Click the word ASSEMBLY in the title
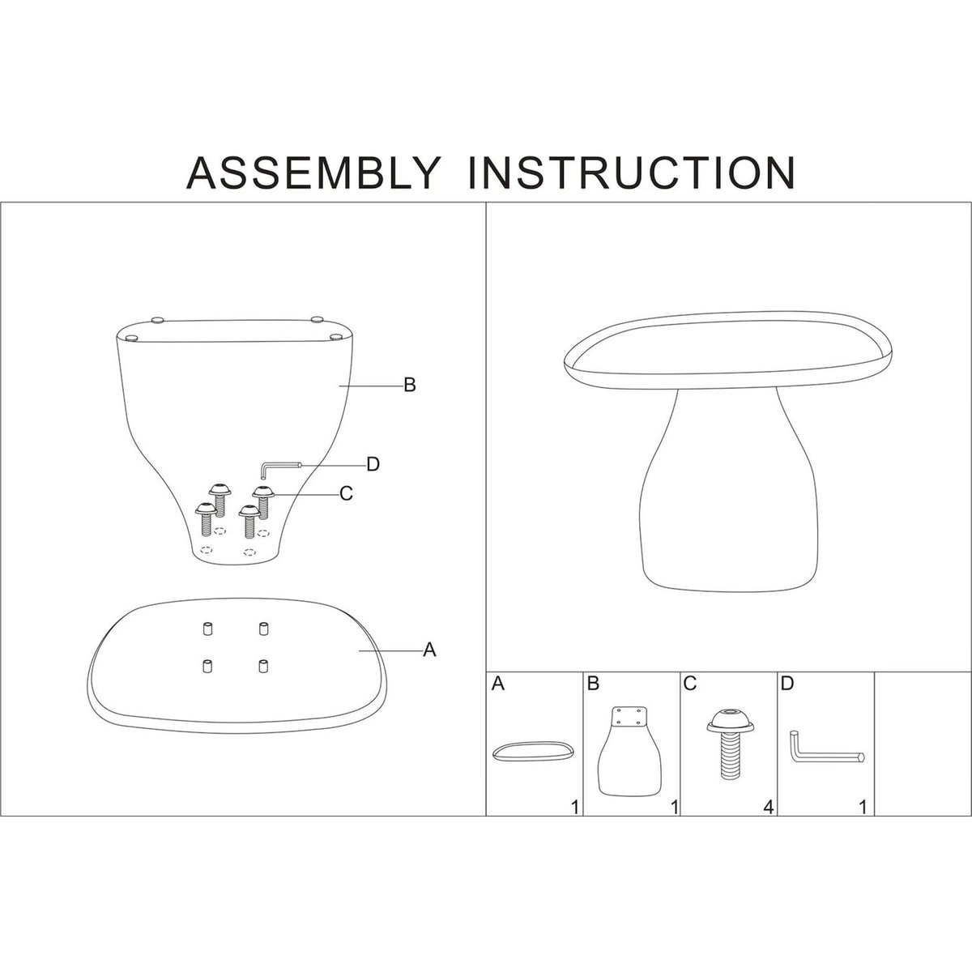tap(313, 173)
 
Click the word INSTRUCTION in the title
tap(632, 173)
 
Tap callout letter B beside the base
tap(410, 386)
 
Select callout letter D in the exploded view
tap(373, 464)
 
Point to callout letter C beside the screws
tap(346, 494)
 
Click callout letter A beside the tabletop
tap(429, 650)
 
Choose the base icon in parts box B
tap(629, 752)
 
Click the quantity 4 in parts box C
tap(768, 808)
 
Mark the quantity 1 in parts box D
tap(863, 808)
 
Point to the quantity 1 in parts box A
tap(574, 808)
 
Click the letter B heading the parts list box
tap(594, 684)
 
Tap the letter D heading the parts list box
tap(787, 684)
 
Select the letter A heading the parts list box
tap(498, 684)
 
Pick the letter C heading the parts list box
tap(690, 684)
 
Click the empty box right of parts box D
tap(923, 744)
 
